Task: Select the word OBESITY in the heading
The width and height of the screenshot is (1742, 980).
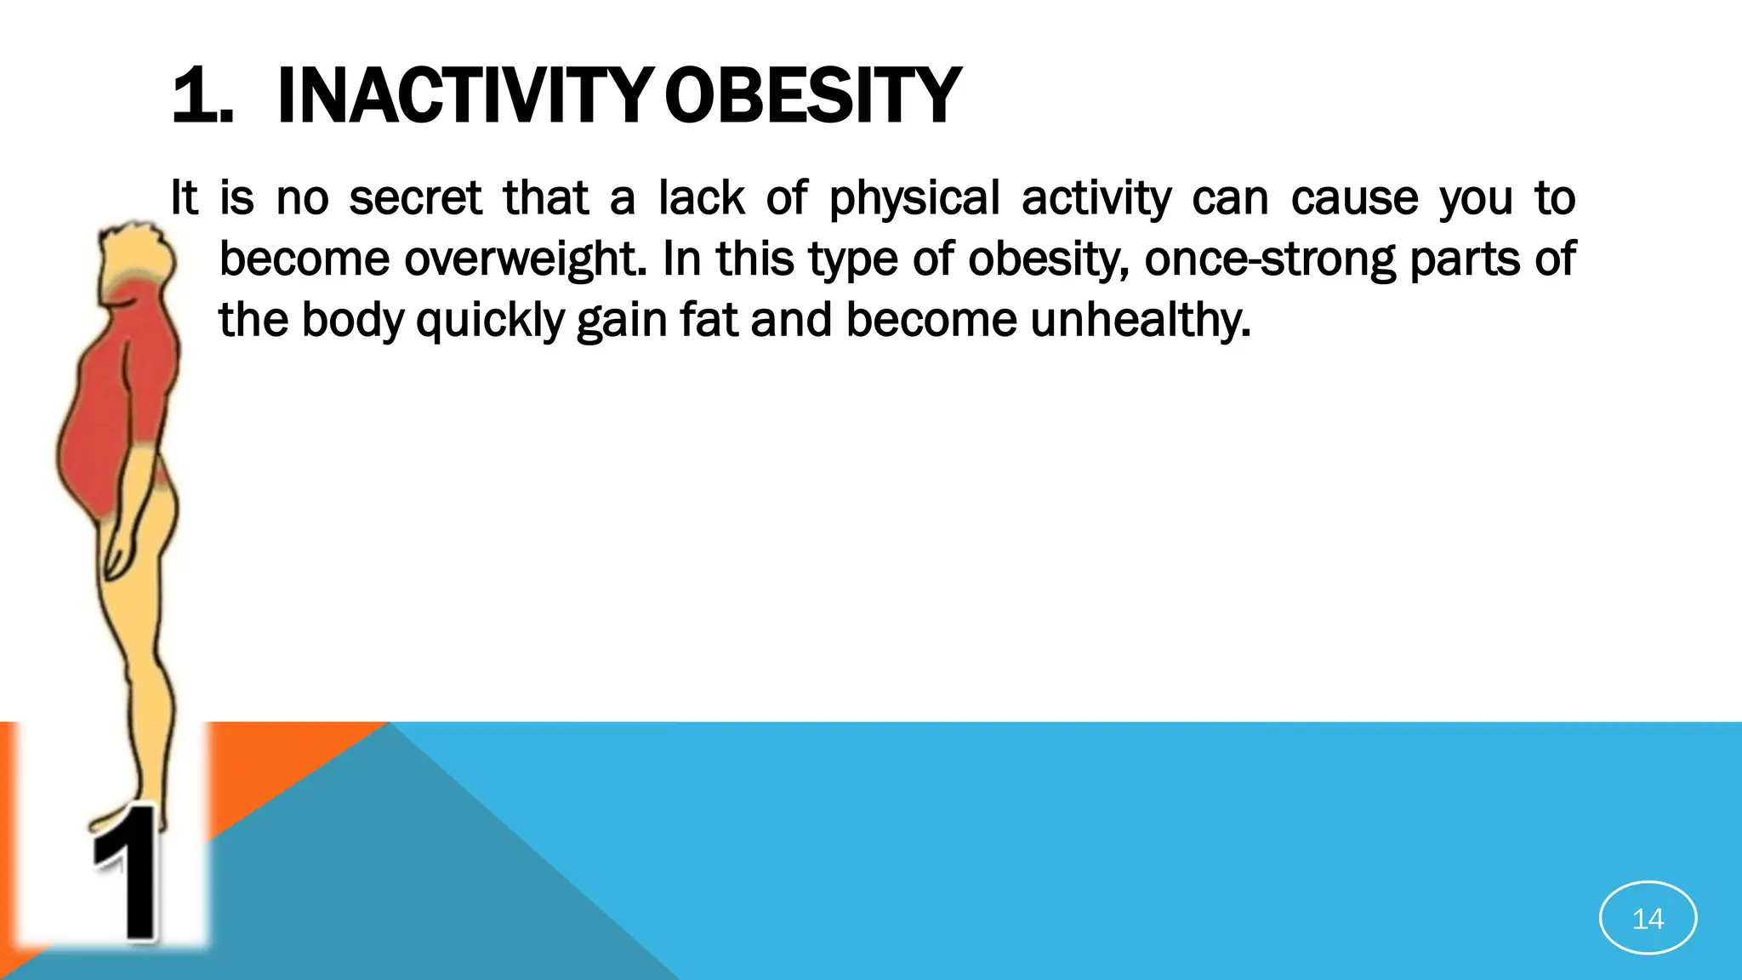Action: (x=812, y=96)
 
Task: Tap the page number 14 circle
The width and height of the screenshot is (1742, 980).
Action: (x=1648, y=918)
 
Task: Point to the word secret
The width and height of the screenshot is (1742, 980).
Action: (x=415, y=198)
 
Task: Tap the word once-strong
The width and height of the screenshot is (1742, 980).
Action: (x=1270, y=259)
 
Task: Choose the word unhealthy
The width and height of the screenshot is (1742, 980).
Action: (x=1140, y=321)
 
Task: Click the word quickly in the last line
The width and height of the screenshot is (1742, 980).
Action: (x=490, y=321)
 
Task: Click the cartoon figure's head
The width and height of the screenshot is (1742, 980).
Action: (x=136, y=255)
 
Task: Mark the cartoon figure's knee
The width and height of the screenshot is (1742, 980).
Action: (x=145, y=655)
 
